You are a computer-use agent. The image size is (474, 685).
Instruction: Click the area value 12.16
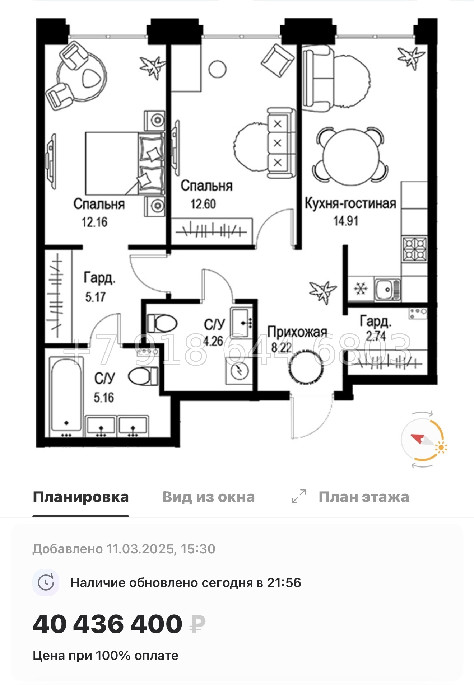coord(94,222)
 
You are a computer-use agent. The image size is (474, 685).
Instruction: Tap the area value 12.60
coord(203,204)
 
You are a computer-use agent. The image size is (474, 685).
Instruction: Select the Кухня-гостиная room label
coord(350,203)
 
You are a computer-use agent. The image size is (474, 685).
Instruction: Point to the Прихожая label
coord(297,332)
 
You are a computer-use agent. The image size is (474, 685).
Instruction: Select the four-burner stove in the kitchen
coord(415,248)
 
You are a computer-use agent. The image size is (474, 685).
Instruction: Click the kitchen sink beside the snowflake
coord(387,289)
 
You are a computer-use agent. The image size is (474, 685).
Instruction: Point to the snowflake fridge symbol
coord(361,288)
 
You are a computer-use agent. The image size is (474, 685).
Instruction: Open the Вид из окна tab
coord(208,497)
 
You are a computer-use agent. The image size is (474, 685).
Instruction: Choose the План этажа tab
coord(363,497)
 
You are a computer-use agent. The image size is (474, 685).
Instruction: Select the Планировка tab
coord(80,497)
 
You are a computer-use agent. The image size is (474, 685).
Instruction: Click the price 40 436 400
coord(107,624)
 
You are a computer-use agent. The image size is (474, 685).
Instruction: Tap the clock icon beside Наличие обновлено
coord(46,582)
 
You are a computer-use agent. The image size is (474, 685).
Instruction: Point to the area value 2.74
coord(376,336)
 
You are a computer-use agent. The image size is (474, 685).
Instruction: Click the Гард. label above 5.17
coord(99,278)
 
